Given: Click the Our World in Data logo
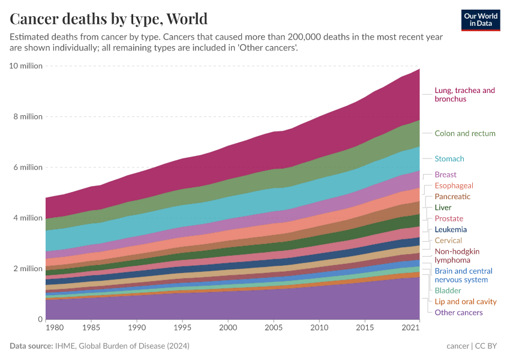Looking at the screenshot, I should coord(481,20).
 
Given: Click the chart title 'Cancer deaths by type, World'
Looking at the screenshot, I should coord(109,19).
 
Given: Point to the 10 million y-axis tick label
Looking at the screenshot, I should coord(26,65).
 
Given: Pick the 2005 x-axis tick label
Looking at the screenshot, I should coord(274,329).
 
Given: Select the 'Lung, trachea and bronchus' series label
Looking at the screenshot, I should coord(464,95).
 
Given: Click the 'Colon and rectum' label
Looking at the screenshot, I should coord(465,133).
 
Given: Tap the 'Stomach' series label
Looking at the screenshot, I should coord(449,159).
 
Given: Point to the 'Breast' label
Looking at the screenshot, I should coord(445,175).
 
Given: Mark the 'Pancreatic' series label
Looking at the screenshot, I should coord(452,197).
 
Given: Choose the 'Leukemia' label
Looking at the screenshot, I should coord(451,230).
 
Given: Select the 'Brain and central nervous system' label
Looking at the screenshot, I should coord(463,275).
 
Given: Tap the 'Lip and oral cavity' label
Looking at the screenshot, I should coord(466,302).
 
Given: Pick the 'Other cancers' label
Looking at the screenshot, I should coord(458,313).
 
